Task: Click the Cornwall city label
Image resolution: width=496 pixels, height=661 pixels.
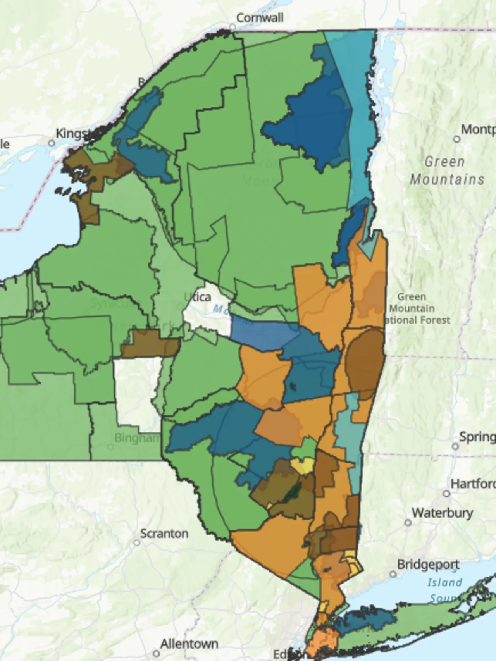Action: (260, 18)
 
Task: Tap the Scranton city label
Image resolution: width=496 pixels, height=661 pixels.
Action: (164, 534)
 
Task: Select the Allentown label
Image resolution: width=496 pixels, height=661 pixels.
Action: (189, 644)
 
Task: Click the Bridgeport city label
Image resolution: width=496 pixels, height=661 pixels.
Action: (428, 565)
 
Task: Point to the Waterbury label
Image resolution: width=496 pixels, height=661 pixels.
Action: (442, 513)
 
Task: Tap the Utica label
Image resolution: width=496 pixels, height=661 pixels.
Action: (198, 297)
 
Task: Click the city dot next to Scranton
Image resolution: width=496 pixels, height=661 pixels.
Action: (136, 542)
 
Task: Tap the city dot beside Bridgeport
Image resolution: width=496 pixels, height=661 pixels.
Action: (393, 574)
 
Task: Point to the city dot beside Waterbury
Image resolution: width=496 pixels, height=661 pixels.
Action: (408, 522)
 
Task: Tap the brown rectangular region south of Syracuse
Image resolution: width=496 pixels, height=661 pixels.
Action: (149, 344)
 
